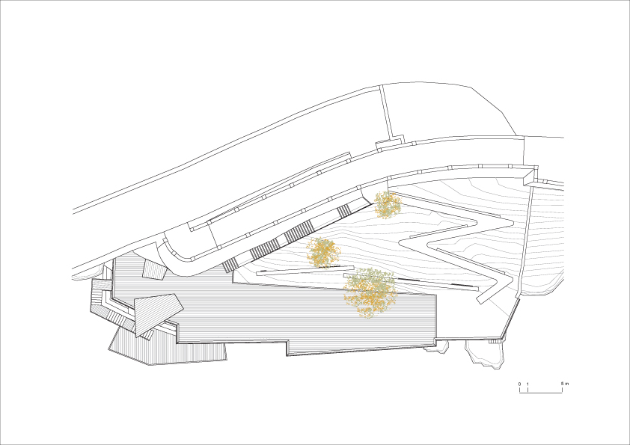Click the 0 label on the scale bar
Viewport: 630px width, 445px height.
click(x=519, y=384)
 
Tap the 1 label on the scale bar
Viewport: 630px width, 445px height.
click(x=527, y=384)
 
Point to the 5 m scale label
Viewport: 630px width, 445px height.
click(x=564, y=384)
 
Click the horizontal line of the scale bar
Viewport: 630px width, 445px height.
click(x=541, y=393)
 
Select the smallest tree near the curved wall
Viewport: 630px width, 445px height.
click(x=388, y=205)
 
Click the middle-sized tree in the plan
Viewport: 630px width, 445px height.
click(x=323, y=252)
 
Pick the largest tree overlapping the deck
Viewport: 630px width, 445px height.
click(x=370, y=292)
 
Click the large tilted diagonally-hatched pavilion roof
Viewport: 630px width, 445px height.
click(x=157, y=313)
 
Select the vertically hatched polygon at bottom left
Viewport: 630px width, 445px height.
click(x=167, y=346)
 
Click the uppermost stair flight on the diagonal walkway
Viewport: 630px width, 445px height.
click(x=344, y=211)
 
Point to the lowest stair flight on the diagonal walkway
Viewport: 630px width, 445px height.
click(x=230, y=265)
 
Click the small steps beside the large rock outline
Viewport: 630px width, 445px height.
click(x=493, y=341)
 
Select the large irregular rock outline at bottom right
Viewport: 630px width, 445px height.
click(x=484, y=354)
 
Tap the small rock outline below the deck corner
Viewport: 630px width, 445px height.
click(x=436, y=346)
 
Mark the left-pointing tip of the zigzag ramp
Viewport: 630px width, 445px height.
click(x=400, y=242)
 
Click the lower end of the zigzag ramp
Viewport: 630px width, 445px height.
click(x=481, y=300)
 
